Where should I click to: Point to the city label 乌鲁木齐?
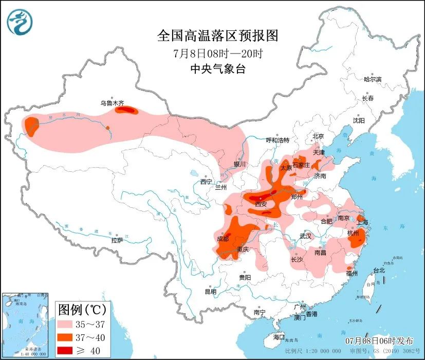112,103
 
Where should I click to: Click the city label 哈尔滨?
373,79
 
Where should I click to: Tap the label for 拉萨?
117,240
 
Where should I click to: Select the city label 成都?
223,238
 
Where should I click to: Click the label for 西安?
261,204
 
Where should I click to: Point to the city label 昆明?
211,292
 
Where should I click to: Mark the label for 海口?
279,337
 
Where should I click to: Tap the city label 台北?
379,270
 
